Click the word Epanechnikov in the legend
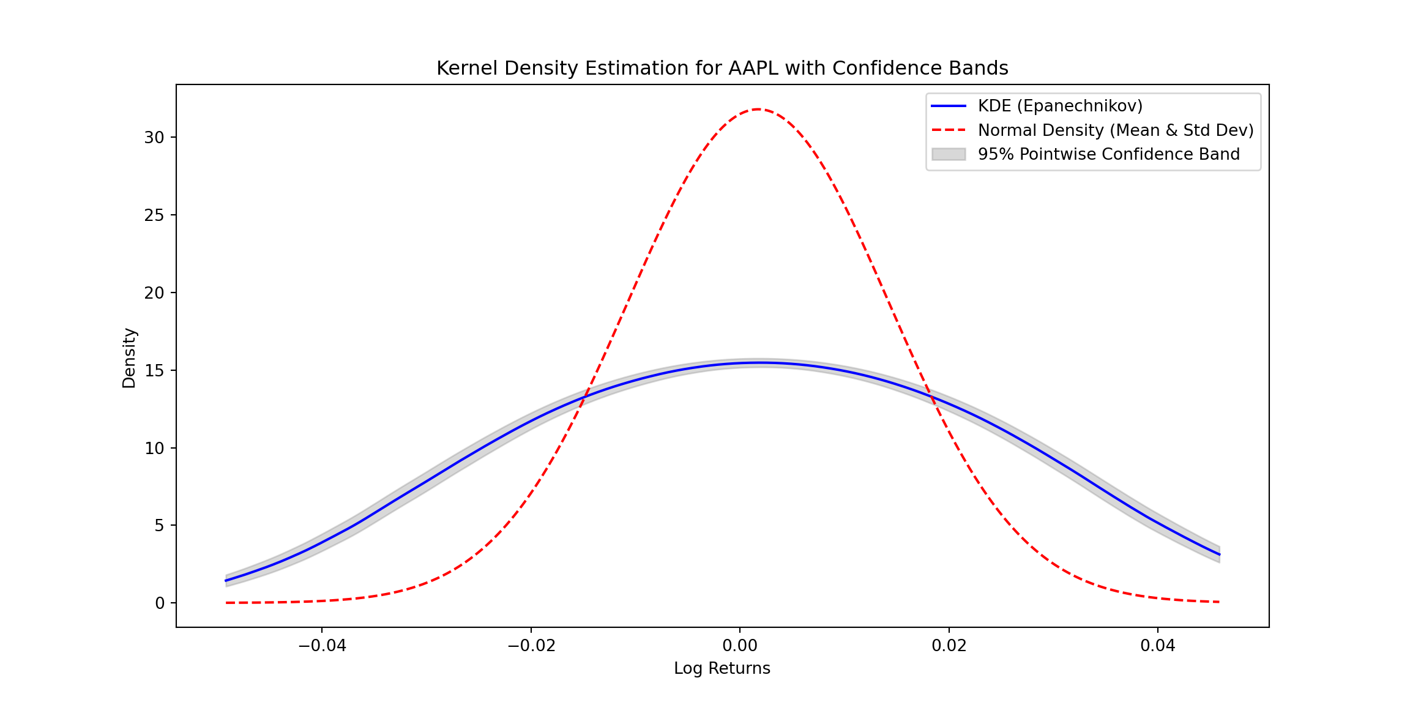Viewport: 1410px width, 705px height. pyautogui.click(x=1080, y=106)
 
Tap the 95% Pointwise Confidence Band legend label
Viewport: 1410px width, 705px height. pyautogui.click(x=1108, y=154)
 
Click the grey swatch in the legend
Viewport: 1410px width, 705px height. pyautogui.click(x=948, y=154)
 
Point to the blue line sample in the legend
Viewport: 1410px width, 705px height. pyautogui.click(x=948, y=106)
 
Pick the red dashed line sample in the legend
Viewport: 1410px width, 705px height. pyautogui.click(x=948, y=130)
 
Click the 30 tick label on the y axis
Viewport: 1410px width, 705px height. pyautogui.click(x=154, y=138)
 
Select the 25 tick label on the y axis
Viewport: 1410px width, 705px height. pyautogui.click(x=154, y=215)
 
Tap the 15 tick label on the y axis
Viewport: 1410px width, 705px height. pyautogui.click(x=154, y=371)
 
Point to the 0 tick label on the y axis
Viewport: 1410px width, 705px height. pyautogui.click(x=160, y=603)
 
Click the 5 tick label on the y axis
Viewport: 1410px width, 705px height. pyautogui.click(x=160, y=526)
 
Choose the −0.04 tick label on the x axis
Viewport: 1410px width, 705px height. pyautogui.click(x=322, y=646)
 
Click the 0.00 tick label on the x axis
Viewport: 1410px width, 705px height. pyautogui.click(x=740, y=646)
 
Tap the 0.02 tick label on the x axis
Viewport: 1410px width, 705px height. pyautogui.click(x=949, y=646)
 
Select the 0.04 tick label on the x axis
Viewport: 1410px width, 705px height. pyautogui.click(x=1158, y=646)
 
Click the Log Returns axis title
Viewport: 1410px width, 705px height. pyautogui.click(x=722, y=668)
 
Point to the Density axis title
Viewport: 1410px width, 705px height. pyautogui.click(x=129, y=358)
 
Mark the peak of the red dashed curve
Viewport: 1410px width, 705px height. pyautogui.click(x=758, y=109)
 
